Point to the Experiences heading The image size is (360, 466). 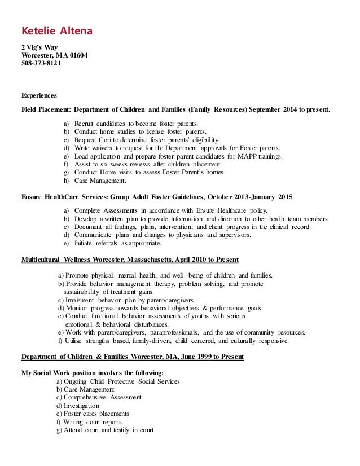click(38, 95)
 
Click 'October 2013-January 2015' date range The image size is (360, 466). click(246, 197)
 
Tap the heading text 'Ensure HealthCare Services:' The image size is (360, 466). click(63, 197)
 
